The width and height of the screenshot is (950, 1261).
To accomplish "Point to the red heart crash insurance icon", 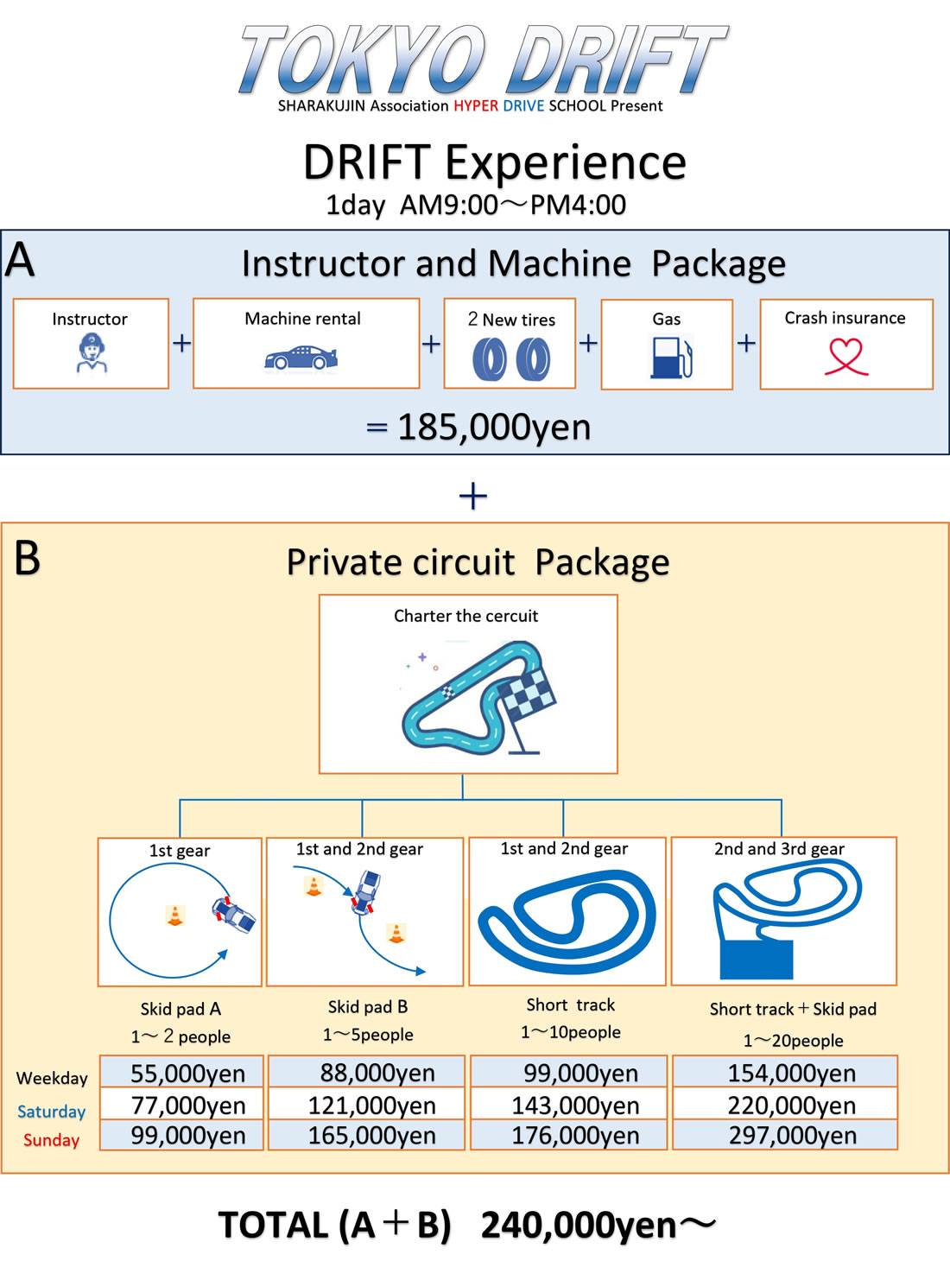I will pos(845,356).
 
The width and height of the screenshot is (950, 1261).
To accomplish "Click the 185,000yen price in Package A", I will pos(494,427).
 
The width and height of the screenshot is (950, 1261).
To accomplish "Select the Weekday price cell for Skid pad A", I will pos(187,1073).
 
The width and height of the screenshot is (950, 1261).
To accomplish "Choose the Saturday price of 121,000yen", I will pos(371,1105).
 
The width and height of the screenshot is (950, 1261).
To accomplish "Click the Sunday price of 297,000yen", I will pos(792,1135).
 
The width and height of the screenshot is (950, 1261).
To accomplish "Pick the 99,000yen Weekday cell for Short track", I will pos(580,1073).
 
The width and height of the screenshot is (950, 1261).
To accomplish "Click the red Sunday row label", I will pos(51,1140).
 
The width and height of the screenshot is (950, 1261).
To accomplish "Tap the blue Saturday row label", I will pos(51,1112).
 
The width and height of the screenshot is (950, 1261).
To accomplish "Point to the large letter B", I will pos(28,558).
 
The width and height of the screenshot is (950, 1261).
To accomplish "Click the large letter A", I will pos(20,259).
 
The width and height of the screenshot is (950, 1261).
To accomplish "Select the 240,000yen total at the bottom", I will pos(579,1225).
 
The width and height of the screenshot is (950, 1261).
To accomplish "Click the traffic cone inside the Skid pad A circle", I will pos(175,916).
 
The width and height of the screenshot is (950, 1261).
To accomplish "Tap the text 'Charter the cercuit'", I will pos(465,616).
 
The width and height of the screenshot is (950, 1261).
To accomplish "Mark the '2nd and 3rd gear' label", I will pos(779,849).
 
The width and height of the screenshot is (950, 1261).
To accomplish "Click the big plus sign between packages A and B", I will pos(473,496).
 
